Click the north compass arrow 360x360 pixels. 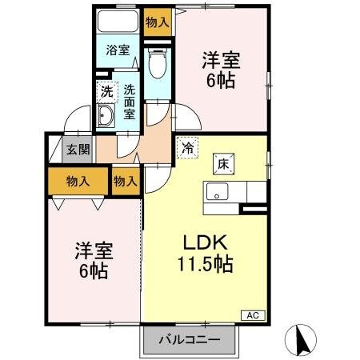302,340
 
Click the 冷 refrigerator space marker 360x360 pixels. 186,148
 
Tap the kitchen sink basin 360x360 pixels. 217,193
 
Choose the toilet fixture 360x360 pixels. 158,64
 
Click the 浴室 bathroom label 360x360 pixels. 118,50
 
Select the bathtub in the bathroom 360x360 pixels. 118,22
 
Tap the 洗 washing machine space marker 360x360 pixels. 106,91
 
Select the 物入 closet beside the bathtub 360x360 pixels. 158,22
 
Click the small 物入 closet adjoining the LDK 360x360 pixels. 126,182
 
